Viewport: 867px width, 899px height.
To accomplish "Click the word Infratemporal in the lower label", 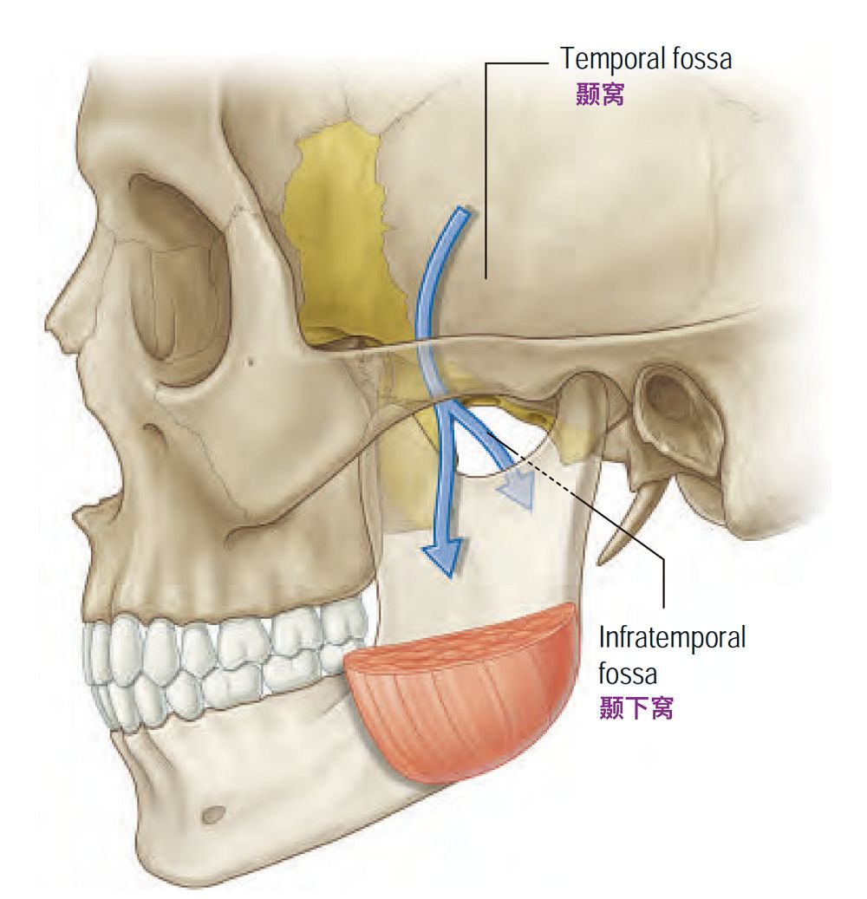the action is click(x=672, y=639).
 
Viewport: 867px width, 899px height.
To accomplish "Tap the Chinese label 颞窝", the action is click(x=600, y=94).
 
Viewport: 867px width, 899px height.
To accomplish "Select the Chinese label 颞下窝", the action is click(x=636, y=708).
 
